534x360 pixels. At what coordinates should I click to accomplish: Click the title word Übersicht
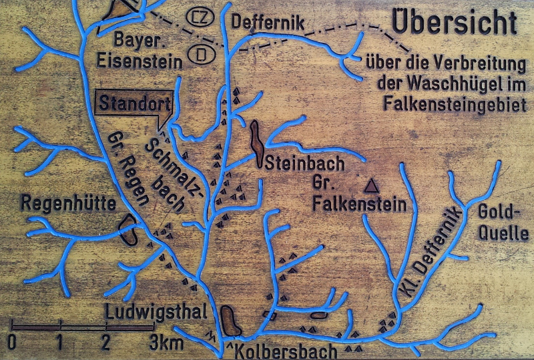[454, 22]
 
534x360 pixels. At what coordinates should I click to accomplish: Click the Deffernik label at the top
[268, 22]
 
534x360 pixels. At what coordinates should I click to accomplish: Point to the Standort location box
[134, 104]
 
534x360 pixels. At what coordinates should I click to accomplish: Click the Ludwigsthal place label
[146, 312]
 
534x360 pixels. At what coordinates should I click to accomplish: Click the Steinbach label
[304, 162]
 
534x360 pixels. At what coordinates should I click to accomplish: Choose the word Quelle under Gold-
[504, 234]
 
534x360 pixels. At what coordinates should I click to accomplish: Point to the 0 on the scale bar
[12, 344]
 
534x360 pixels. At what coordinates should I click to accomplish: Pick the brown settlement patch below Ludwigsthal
[230, 321]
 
